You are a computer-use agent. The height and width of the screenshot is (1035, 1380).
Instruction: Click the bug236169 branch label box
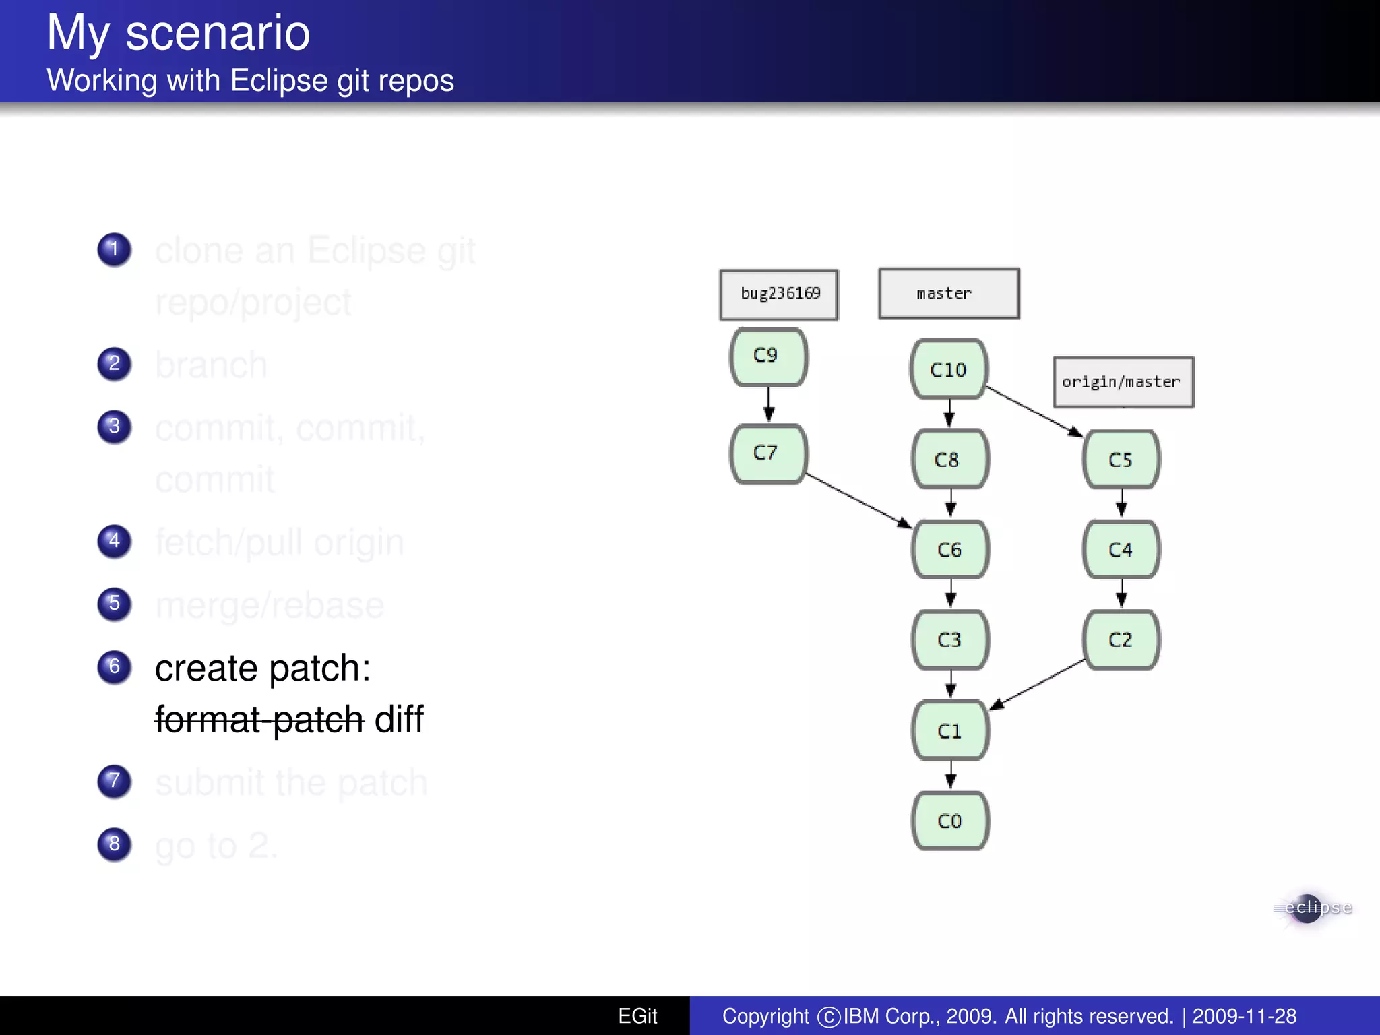tap(779, 294)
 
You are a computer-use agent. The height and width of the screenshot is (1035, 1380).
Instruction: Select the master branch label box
tap(949, 293)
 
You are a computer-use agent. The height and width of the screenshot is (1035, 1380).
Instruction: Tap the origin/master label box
tap(1123, 382)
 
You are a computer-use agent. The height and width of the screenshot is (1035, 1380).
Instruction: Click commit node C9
tap(768, 356)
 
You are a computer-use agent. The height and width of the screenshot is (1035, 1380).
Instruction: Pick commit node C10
tap(949, 369)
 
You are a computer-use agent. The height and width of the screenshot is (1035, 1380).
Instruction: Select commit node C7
tap(768, 453)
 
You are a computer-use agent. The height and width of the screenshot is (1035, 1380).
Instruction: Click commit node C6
tap(950, 549)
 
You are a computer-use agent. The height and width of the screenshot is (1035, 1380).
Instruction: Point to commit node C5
tap(1121, 460)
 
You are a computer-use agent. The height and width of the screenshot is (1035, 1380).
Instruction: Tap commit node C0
tap(950, 821)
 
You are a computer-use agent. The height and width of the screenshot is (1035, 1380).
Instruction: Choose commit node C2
tap(1121, 639)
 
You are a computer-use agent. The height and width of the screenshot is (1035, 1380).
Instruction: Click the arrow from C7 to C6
tap(858, 501)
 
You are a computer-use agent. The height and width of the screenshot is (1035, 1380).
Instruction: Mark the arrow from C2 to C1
tap(1038, 684)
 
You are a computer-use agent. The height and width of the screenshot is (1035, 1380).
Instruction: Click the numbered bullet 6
tap(115, 666)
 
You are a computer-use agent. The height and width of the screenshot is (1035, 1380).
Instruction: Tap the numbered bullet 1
tap(115, 249)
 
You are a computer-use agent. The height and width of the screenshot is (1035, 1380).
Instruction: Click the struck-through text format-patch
tap(259, 719)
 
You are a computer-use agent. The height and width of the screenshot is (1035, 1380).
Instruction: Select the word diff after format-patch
tap(399, 719)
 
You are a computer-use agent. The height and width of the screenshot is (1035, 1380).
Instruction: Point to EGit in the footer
tap(637, 1015)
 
